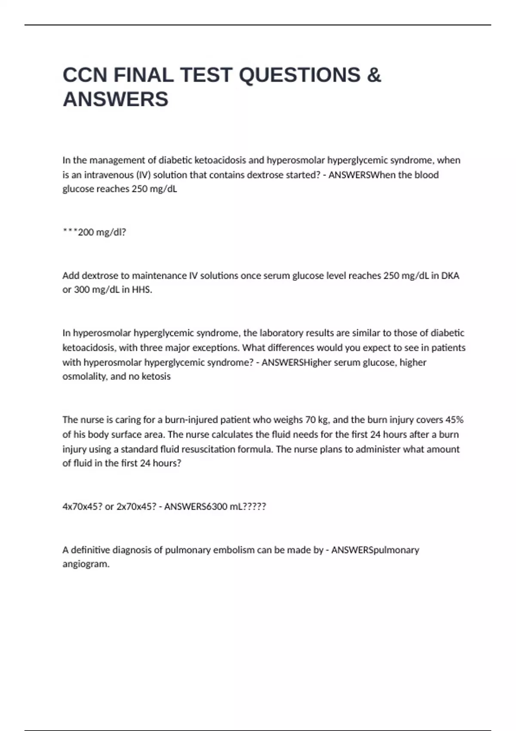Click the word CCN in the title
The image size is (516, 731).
click(85, 75)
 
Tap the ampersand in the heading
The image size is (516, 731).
click(374, 75)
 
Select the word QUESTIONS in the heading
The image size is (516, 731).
click(299, 75)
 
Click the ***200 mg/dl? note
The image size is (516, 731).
click(94, 232)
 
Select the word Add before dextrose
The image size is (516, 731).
click(71, 276)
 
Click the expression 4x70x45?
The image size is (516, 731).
click(82, 507)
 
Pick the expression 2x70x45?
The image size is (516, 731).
click(136, 507)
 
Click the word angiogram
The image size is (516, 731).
click(86, 564)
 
